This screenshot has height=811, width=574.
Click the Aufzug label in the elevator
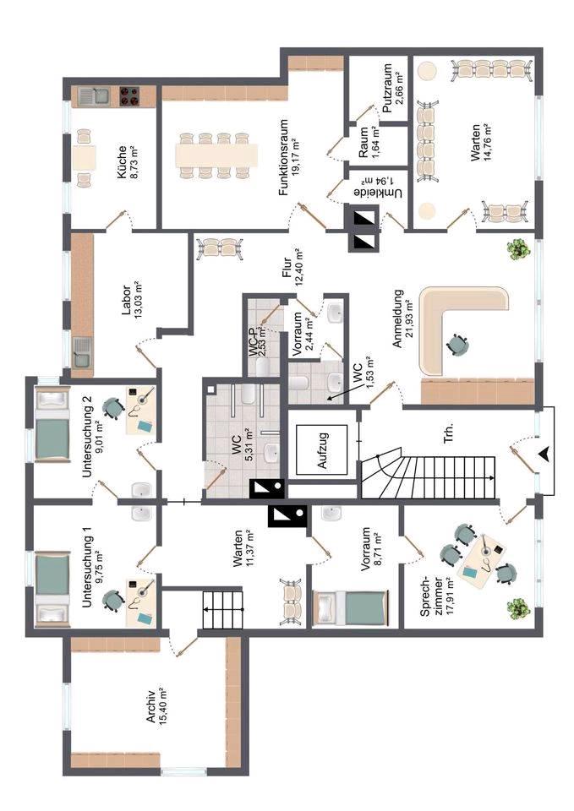[x=321, y=456]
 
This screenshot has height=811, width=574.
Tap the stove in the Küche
[x=129, y=95]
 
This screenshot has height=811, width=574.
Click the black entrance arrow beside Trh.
[x=544, y=454]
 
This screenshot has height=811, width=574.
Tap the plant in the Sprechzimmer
[x=517, y=607]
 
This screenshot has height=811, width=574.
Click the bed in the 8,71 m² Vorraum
[x=347, y=607]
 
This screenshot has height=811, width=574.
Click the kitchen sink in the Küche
[x=90, y=95]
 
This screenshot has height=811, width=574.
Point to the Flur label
[x=286, y=269]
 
